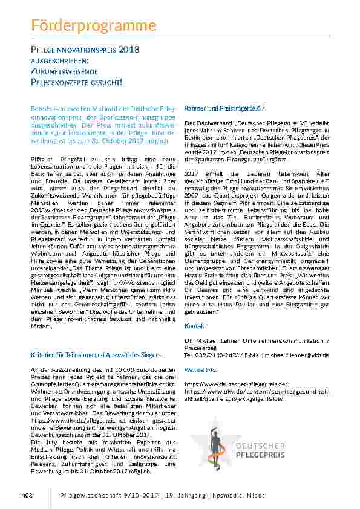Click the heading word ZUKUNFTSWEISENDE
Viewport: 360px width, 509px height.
point(63,70)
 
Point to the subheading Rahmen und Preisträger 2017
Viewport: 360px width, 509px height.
point(224,108)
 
